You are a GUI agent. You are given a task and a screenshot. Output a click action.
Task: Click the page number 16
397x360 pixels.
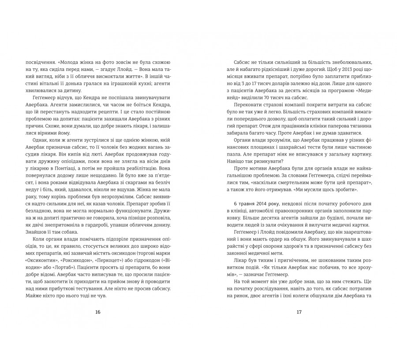tap(98, 312)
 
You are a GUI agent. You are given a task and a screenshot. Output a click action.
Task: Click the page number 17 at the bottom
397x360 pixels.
tap(299, 312)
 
